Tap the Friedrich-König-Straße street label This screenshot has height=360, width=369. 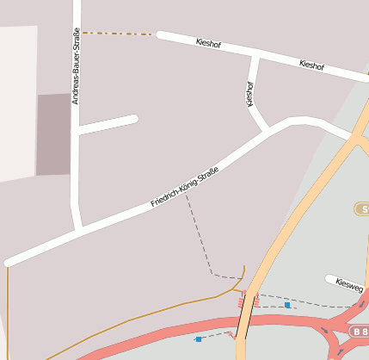tap(184, 186)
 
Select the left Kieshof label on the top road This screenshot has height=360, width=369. tap(209, 42)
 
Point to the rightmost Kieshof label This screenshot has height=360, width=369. tap(311, 65)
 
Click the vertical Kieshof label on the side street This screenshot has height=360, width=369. tap(250, 93)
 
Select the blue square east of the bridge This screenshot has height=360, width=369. tap(287, 305)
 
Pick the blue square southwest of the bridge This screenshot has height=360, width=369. tap(198, 339)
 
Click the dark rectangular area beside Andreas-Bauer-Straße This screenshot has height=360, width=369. tap(52, 133)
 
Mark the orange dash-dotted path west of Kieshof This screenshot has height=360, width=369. tap(120, 34)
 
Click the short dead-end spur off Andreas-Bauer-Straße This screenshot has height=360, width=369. tap(108, 124)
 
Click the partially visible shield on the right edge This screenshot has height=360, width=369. tap(362, 209)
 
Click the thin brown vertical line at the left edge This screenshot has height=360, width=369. tap(6, 310)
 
